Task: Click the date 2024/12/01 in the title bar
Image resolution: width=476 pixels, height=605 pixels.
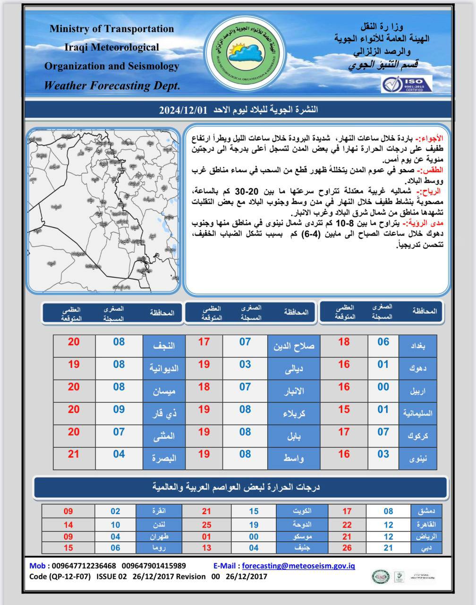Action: pyautogui.click(x=183, y=110)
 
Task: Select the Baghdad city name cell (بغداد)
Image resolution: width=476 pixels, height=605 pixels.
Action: pyautogui.click(x=417, y=346)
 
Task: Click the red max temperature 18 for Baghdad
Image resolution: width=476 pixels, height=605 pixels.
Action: pyautogui.click(x=344, y=342)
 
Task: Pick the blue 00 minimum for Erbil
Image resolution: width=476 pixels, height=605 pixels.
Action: pyautogui.click(x=383, y=387)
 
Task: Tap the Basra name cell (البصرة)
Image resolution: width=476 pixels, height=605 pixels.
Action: pyautogui.click(x=164, y=458)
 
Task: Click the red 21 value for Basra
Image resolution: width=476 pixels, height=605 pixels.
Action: pyautogui.click(x=74, y=454)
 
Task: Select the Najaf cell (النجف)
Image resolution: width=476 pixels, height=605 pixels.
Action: pyautogui.click(x=164, y=346)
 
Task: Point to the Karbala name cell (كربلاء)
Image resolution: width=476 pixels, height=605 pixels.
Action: pyautogui.click(x=294, y=413)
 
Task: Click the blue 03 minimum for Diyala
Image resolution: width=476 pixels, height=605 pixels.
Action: pyautogui.click(x=245, y=364)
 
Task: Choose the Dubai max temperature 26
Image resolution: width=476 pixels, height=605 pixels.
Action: pyautogui.click(x=347, y=548)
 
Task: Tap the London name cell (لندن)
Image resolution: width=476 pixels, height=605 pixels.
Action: pyautogui.click(x=159, y=525)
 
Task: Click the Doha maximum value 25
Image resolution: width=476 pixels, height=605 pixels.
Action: pyautogui.click(x=206, y=525)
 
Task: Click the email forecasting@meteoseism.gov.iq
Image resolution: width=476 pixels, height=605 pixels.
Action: pyautogui.click(x=298, y=566)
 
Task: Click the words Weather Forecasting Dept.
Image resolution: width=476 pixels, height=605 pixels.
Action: pyautogui.click(x=112, y=86)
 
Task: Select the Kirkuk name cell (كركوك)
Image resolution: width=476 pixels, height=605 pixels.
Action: pyautogui.click(x=417, y=436)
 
